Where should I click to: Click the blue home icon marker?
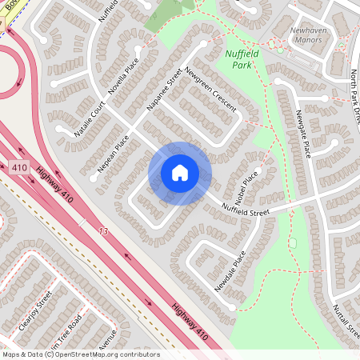tap(179, 173)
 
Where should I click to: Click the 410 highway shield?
tap(20, 168)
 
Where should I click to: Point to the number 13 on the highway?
tap(102, 231)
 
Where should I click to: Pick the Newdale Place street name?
tap(230, 270)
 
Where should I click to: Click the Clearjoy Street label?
tap(33, 312)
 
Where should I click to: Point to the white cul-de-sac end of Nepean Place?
tap(94, 178)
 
